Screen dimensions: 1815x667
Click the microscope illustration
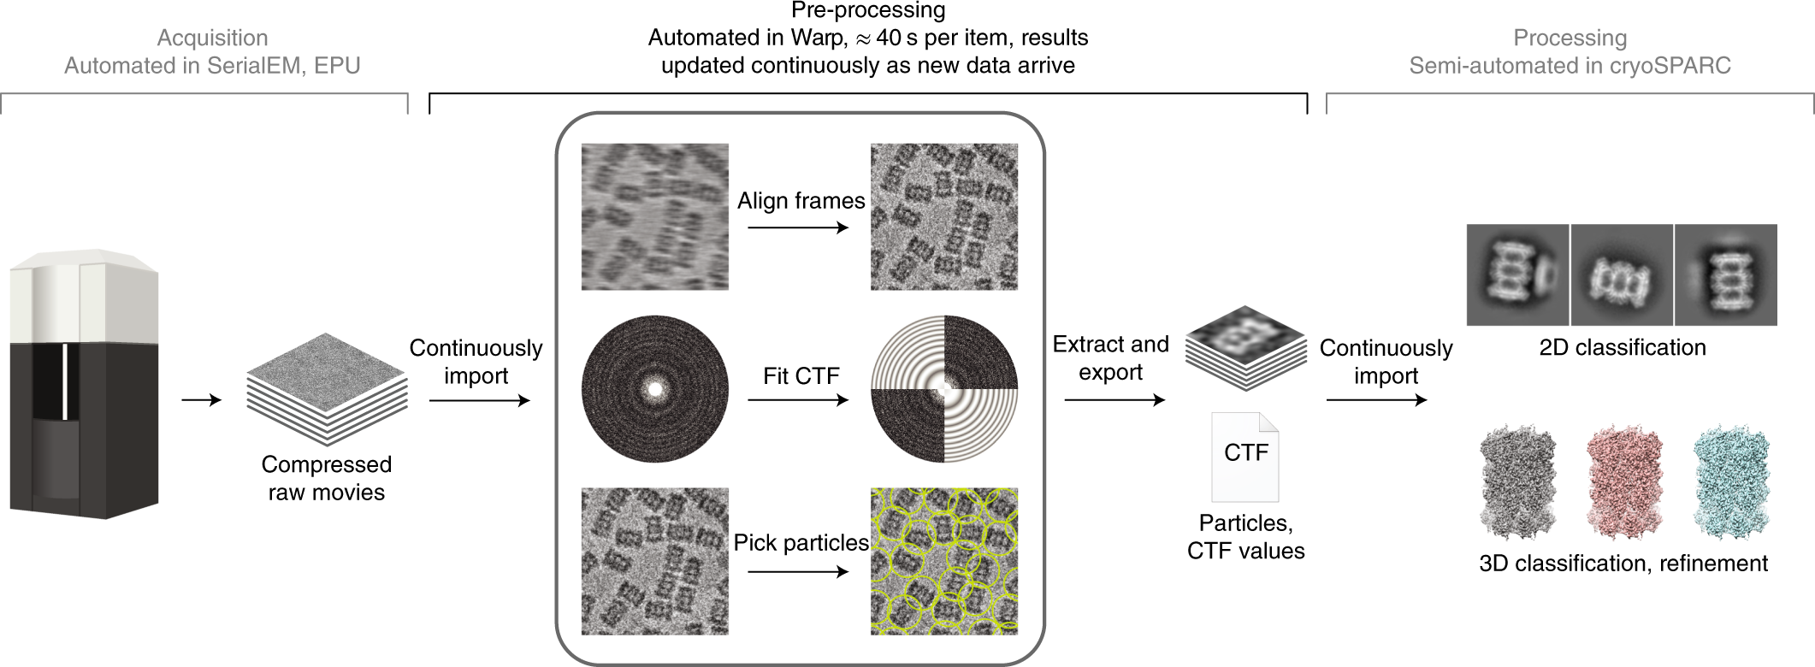tap(84, 385)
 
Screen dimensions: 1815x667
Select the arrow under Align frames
tap(797, 227)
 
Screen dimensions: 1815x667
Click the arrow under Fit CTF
tap(797, 399)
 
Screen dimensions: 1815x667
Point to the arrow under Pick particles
tap(797, 570)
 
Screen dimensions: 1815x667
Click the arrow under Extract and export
tap(1114, 399)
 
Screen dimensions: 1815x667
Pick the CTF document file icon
tap(1245, 457)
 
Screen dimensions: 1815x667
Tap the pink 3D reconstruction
tap(1624, 482)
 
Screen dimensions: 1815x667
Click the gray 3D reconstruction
tap(1517, 482)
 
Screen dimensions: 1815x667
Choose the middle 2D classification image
tap(1622, 274)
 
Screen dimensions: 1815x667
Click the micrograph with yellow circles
tap(944, 561)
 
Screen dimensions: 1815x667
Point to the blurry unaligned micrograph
tap(655, 216)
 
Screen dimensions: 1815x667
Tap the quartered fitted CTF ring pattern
tap(944, 389)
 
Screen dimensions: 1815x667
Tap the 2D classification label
tap(1622, 347)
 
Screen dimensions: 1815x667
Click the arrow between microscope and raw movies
tap(202, 399)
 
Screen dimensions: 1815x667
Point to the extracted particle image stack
tap(1245, 347)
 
